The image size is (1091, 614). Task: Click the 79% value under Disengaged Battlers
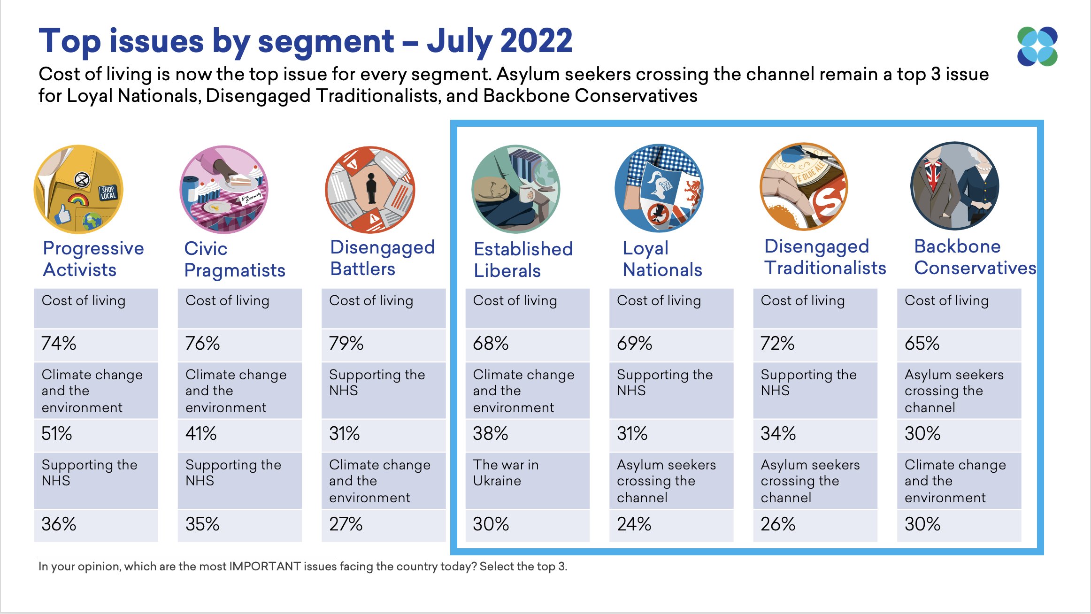coord(346,344)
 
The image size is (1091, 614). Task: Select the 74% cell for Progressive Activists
coord(59,344)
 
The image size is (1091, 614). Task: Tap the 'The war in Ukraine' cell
coord(506,473)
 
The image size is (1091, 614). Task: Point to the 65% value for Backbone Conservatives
coord(922,344)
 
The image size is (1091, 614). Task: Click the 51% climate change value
coord(57,434)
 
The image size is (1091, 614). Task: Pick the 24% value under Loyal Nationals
coord(634,524)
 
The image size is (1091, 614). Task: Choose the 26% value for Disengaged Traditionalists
coord(778,524)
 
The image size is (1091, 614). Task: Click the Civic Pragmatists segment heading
coord(234,259)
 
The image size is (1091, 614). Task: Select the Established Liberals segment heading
coord(523,260)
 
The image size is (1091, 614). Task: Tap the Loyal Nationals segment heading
coord(662,259)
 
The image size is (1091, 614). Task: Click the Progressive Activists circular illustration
coord(78,189)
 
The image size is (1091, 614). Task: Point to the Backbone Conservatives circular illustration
coord(955,186)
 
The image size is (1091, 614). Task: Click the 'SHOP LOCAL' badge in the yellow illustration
coord(108,193)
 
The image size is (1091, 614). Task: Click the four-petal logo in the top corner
coord(1037,46)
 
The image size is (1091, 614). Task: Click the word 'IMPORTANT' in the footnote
coord(265,567)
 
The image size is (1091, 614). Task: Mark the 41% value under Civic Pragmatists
coord(201,434)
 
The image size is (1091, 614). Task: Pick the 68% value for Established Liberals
coord(491,344)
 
